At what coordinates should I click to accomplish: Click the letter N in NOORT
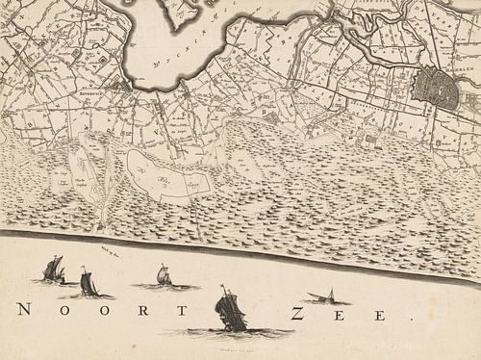(23, 310)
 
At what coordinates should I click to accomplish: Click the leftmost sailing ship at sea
(54, 270)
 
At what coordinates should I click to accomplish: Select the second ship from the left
(88, 283)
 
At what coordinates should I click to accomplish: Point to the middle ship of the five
(164, 277)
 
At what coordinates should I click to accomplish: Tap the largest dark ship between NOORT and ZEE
(230, 310)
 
